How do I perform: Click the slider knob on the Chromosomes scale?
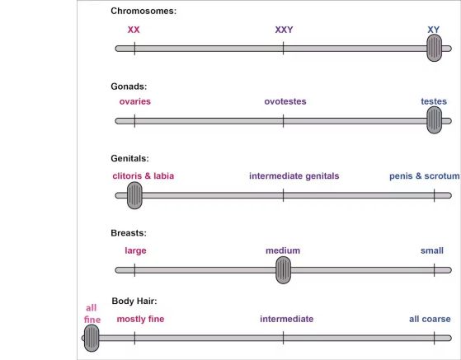[435, 48]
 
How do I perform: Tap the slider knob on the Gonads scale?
[435, 120]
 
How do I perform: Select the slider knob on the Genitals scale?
[134, 195]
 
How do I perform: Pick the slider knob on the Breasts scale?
[283, 270]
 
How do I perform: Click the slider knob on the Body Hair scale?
[92, 338]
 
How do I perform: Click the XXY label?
[284, 30]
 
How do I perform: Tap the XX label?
[134, 30]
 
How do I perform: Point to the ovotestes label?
[285, 101]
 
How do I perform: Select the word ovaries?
[135, 101]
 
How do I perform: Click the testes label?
[434, 101]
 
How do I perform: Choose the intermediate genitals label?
[294, 176]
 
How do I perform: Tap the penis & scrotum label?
[424, 176]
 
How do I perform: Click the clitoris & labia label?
[143, 176]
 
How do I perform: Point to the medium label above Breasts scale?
[283, 250]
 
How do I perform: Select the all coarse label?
[430, 319]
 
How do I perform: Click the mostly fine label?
[140, 319]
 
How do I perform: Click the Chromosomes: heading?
[143, 11]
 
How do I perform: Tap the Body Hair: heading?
[134, 301]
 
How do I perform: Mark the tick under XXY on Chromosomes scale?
[283, 48]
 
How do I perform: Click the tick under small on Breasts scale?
[435, 270]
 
